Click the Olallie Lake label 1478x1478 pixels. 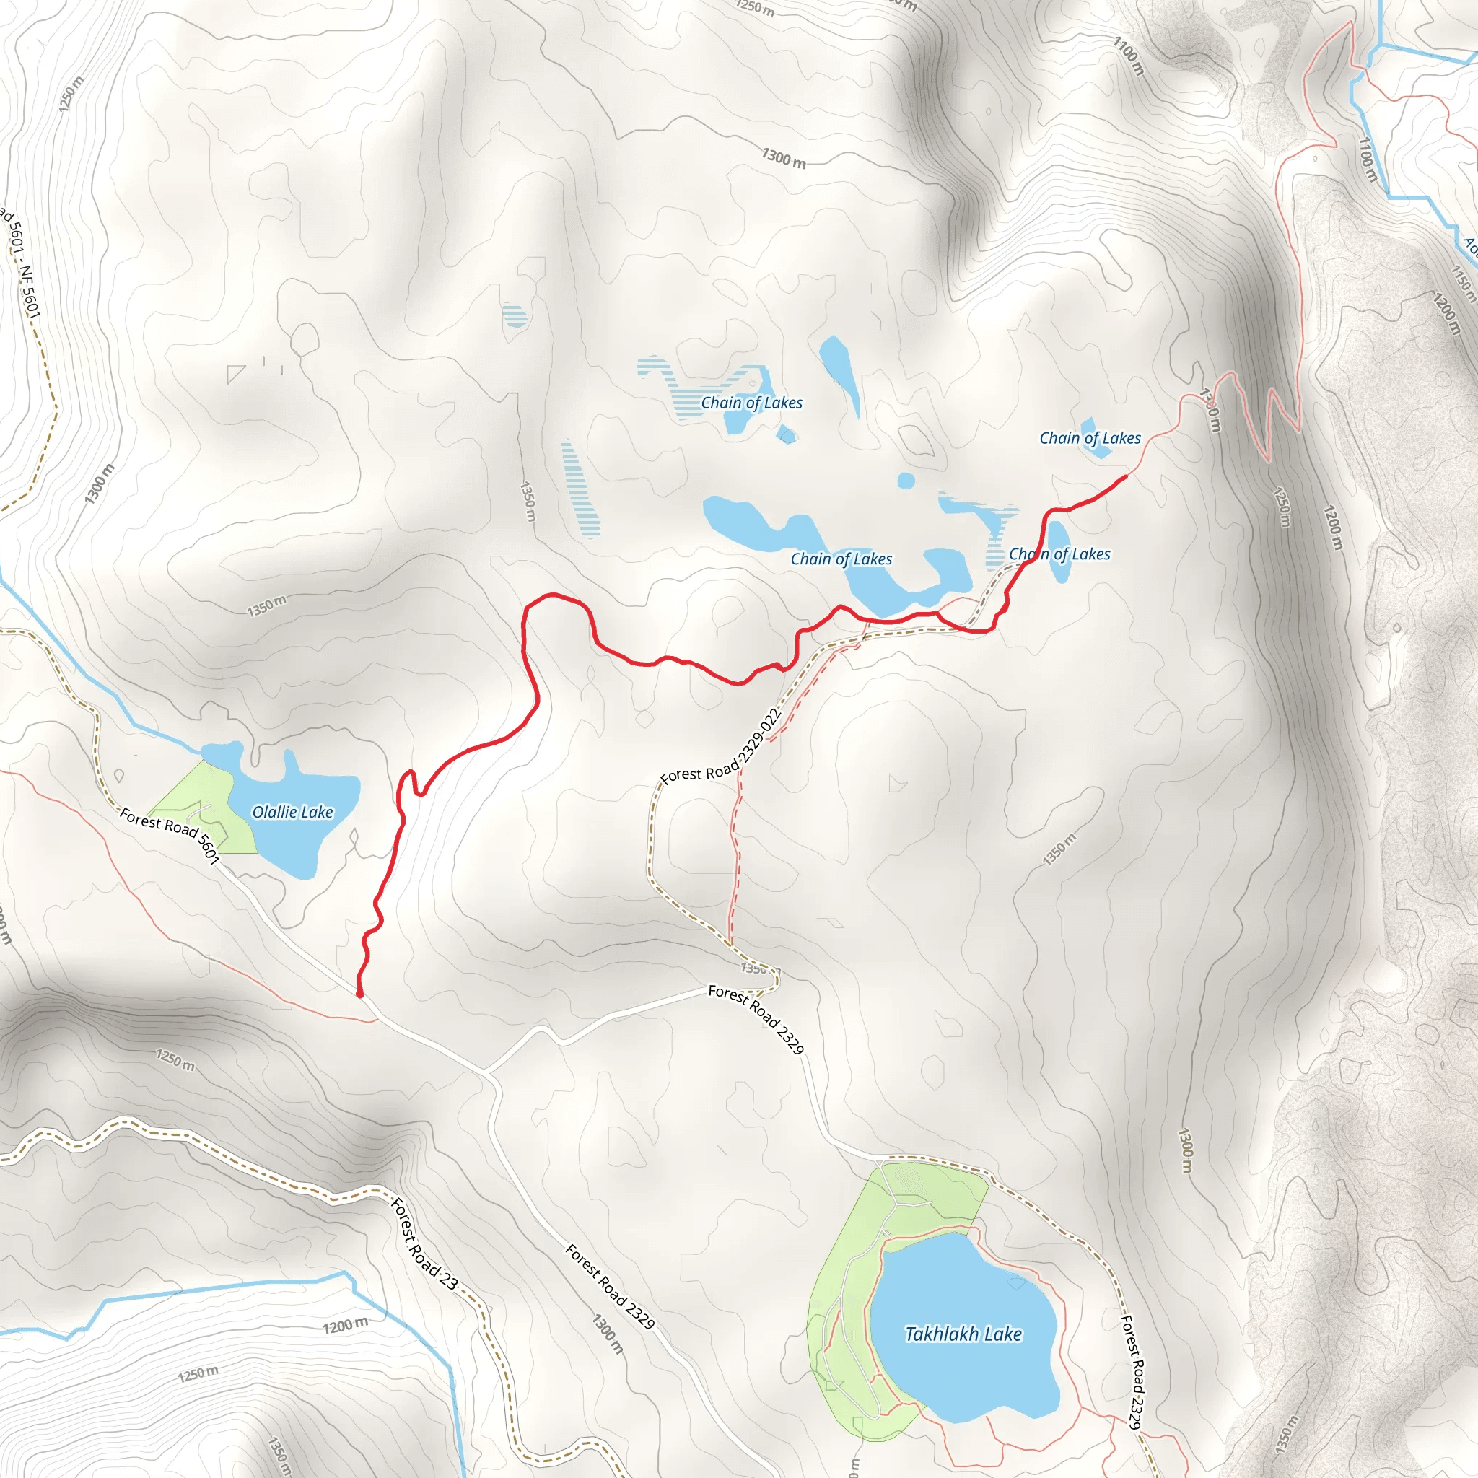point(292,812)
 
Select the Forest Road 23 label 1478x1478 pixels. point(424,1243)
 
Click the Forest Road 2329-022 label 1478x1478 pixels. point(721,747)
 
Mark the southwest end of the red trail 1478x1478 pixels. point(359,994)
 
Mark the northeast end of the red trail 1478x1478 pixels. point(1126,476)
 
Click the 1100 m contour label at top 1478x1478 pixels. point(1129,56)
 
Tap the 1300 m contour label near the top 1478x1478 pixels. point(783,158)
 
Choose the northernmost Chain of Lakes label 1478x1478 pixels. point(751,403)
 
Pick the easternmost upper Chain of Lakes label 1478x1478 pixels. point(1089,437)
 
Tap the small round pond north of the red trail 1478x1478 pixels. point(906,481)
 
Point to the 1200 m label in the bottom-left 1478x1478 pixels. point(345,1326)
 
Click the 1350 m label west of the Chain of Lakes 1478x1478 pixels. point(528,501)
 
